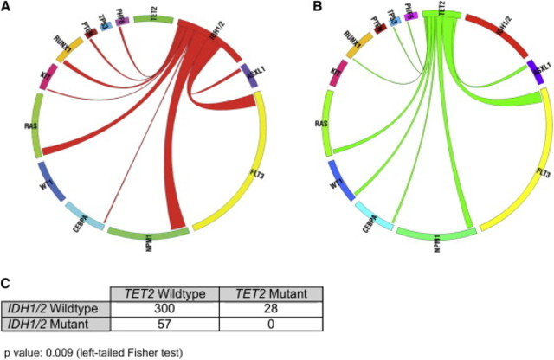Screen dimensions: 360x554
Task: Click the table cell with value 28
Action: tap(272, 309)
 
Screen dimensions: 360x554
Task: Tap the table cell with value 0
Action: tap(272, 325)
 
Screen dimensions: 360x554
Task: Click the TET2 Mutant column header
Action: tap(272, 293)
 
